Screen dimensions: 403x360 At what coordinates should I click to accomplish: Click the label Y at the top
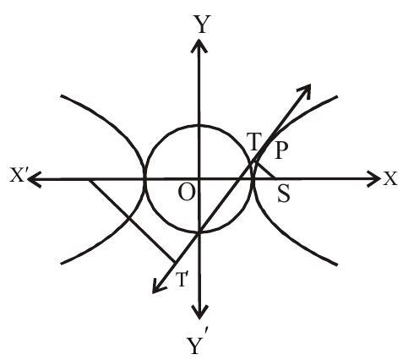click(x=200, y=25)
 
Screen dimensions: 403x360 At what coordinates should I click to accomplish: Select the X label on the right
click(x=390, y=178)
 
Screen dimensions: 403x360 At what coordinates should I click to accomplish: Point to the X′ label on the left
click(x=18, y=175)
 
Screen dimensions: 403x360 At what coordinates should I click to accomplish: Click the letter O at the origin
click(x=186, y=194)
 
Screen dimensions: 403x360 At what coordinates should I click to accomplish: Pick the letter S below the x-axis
click(x=283, y=194)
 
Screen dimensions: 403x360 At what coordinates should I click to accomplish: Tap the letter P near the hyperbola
click(x=280, y=150)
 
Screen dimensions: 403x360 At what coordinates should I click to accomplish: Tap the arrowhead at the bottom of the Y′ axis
click(x=199, y=312)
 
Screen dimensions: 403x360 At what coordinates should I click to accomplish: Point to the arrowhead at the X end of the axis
click(x=373, y=178)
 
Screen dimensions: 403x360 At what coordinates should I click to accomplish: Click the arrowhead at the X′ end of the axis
click(x=35, y=179)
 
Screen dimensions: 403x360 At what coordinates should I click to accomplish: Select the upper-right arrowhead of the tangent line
click(x=304, y=90)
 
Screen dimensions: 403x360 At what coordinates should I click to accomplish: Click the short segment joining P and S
click(x=265, y=170)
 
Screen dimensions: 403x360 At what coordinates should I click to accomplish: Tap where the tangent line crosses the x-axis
click(x=238, y=178)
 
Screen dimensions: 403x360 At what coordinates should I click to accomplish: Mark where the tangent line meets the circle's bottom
click(x=199, y=232)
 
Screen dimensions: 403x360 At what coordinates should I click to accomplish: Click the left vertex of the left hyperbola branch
click(x=145, y=178)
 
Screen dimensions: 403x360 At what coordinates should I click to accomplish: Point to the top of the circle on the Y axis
click(x=199, y=125)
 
